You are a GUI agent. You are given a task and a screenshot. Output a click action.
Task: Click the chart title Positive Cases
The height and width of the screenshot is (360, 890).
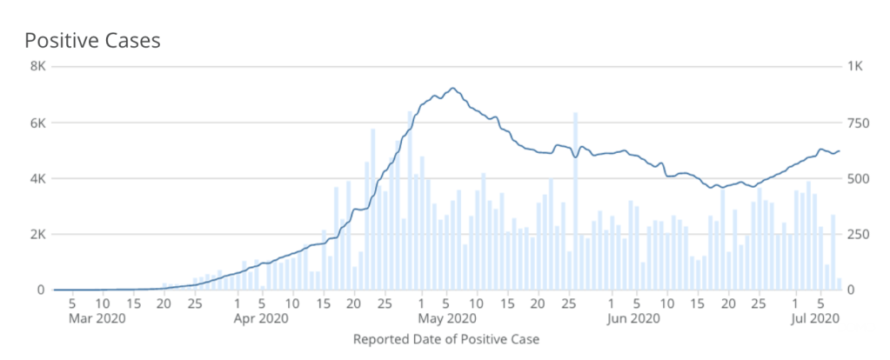pos(92,40)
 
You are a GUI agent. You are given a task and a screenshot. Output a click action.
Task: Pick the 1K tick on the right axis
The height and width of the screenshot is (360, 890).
pos(856,67)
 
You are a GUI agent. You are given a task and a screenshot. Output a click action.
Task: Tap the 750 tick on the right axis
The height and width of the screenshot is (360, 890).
pos(860,123)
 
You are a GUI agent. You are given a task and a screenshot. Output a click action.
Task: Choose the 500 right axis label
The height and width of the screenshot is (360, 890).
pos(860,178)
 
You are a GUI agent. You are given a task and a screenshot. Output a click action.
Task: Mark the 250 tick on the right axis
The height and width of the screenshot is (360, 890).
pos(860,234)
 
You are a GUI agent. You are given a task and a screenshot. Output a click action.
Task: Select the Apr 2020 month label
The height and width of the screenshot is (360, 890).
pos(262,318)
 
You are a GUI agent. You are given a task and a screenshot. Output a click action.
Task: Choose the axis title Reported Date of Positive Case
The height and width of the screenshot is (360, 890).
pos(446,339)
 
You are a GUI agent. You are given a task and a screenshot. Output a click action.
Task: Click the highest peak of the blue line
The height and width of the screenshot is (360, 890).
pos(452,89)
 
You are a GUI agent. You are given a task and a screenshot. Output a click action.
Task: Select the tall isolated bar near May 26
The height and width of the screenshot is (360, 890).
pos(575,200)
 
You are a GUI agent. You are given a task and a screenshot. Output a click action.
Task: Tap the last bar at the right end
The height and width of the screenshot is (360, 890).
pos(839,284)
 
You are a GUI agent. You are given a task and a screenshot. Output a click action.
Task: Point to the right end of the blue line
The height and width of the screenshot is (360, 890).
pos(839,150)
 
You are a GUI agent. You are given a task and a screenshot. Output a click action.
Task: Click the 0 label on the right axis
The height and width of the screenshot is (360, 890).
pos(853,290)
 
